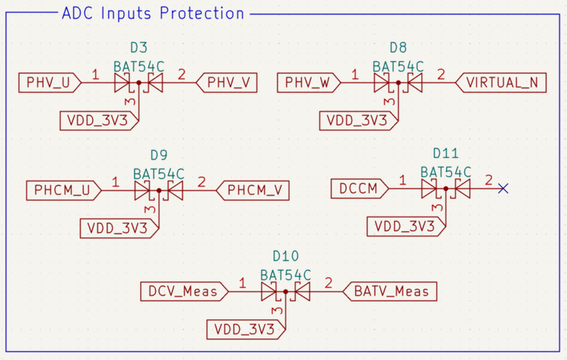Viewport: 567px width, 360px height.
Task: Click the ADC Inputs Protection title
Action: (153, 13)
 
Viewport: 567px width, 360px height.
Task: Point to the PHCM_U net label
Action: (63, 190)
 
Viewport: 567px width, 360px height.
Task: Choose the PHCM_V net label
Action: (252, 190)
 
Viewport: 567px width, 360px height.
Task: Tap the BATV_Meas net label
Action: (391, 291)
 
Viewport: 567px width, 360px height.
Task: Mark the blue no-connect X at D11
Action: (503, 189)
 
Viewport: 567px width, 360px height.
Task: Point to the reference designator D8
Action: (398, 48)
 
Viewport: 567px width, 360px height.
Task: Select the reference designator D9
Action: (159, 156)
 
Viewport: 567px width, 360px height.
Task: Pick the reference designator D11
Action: (446, 153)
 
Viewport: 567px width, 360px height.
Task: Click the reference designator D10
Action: (286, 256)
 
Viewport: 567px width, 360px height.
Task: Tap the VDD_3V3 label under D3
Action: (97, 120)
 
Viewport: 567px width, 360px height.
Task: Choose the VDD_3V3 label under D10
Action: (244, 328)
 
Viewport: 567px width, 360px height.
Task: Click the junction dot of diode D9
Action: (159, 191)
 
